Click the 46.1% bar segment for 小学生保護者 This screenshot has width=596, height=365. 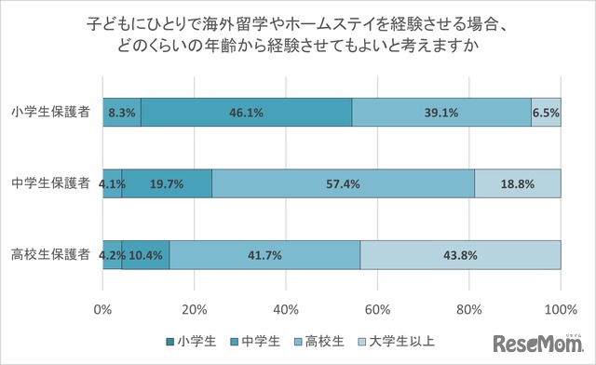[x=246, y=112]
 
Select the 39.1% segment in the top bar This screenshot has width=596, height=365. [x=441, y=112]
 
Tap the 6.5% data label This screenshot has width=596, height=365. [x=546, y=112]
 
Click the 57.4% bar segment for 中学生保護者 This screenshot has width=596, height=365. [x=344, y=183]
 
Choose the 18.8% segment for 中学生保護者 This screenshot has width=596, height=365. [x=518, y=183]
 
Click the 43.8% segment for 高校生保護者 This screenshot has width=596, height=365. [x=460, y=254]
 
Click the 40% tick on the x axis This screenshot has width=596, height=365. [x=286, y=309]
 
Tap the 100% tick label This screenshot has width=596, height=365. [x=560, y=309]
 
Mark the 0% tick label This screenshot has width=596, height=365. [x=103, y=309]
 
